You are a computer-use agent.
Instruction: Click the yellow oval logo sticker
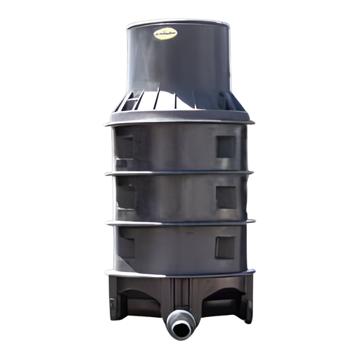tap(165, 33)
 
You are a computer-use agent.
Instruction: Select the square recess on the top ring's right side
tap(226, 146)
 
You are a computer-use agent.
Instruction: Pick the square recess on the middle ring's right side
tap(226, 197)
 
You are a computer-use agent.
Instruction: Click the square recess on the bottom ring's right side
tap(225, 246)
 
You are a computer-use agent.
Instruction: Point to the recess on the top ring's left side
tap(125, 148)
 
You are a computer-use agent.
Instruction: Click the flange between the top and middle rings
tap(179, 173)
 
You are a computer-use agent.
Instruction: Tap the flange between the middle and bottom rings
tap(179, 223)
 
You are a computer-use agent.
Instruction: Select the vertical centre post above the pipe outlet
tap(179, 295)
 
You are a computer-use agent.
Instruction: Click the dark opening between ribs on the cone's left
tap(130, 104)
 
